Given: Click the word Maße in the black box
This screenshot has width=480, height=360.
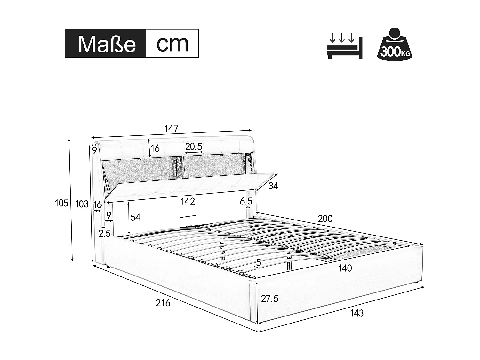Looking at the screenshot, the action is coord(107,44).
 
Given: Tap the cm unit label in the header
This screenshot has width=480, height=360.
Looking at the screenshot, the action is coord(172,44).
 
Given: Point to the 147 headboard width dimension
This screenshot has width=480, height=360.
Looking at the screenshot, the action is coord(172,129).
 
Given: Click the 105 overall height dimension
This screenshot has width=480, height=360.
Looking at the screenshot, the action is coord(61,203).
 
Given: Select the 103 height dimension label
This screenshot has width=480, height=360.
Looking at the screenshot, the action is coord(82,204).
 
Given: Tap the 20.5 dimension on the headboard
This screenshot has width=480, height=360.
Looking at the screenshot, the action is coord(194,147).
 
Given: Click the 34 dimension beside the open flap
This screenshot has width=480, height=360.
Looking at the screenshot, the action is coord(273,186).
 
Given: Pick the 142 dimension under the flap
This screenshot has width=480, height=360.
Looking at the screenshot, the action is coord(188,201).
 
